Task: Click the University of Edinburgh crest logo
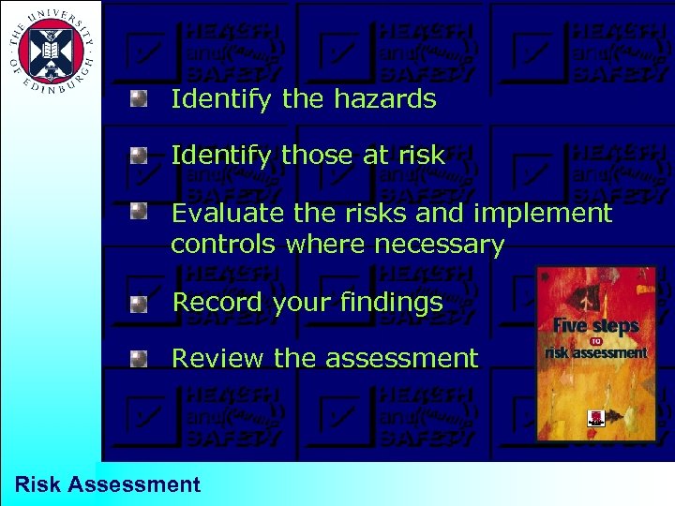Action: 50,50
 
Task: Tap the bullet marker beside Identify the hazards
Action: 139,97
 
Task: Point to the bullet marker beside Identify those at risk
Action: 139,154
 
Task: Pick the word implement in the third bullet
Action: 543,214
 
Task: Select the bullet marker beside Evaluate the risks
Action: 139,212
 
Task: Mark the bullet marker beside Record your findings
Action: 139,303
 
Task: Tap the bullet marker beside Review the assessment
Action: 139,357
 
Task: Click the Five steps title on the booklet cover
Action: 596,327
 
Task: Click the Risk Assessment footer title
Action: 108,484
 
